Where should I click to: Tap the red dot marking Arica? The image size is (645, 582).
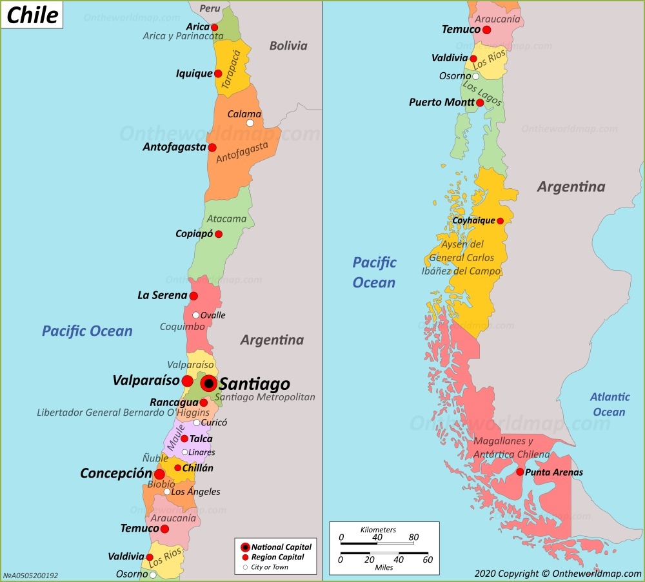pyautogui.click(x=215, y=27)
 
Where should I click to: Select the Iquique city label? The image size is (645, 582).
pyautogui.click(x=193, y=73)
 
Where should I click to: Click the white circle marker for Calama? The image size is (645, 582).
pyautogui.click(x=250, y=123)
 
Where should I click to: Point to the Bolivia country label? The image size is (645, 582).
pyautogui.click(x=288, y=46)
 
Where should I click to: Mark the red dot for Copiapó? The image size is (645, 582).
pyautogui.click(x=219, y=234)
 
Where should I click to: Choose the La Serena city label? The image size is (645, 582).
pyautogui.click(x=162, y=296)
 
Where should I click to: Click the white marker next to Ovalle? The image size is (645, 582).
pyautogui.click(x=196, y=315)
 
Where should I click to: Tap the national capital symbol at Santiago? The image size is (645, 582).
pyautogui.click(x=208, y=383)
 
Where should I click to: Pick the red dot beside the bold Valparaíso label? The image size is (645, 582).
pyautogui.click(x=187, y=381)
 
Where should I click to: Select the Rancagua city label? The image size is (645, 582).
pyautogui.click(x=174, y=402)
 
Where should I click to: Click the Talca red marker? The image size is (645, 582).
pyautogui.click(x=184, y=438)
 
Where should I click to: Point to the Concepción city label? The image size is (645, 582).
pyautogui.click(x=115, y=473)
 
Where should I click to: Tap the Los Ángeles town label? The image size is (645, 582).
pyautogui.click(x=195, y=492)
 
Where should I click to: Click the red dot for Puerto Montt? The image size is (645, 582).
pyautogui.click(x=480, y=102)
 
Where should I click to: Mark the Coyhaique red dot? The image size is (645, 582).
pyautogui.click(x=500, y=220)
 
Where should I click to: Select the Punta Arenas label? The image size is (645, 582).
pyautogui.click(x=554, y=472)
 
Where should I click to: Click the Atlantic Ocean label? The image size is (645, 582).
pyautogui.click(x=609, y=404)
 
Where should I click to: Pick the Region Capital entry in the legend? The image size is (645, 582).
pyautogui.click(x=277, y=557)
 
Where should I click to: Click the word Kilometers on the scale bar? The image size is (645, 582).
pyautogui.click(x=378, y=529)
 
